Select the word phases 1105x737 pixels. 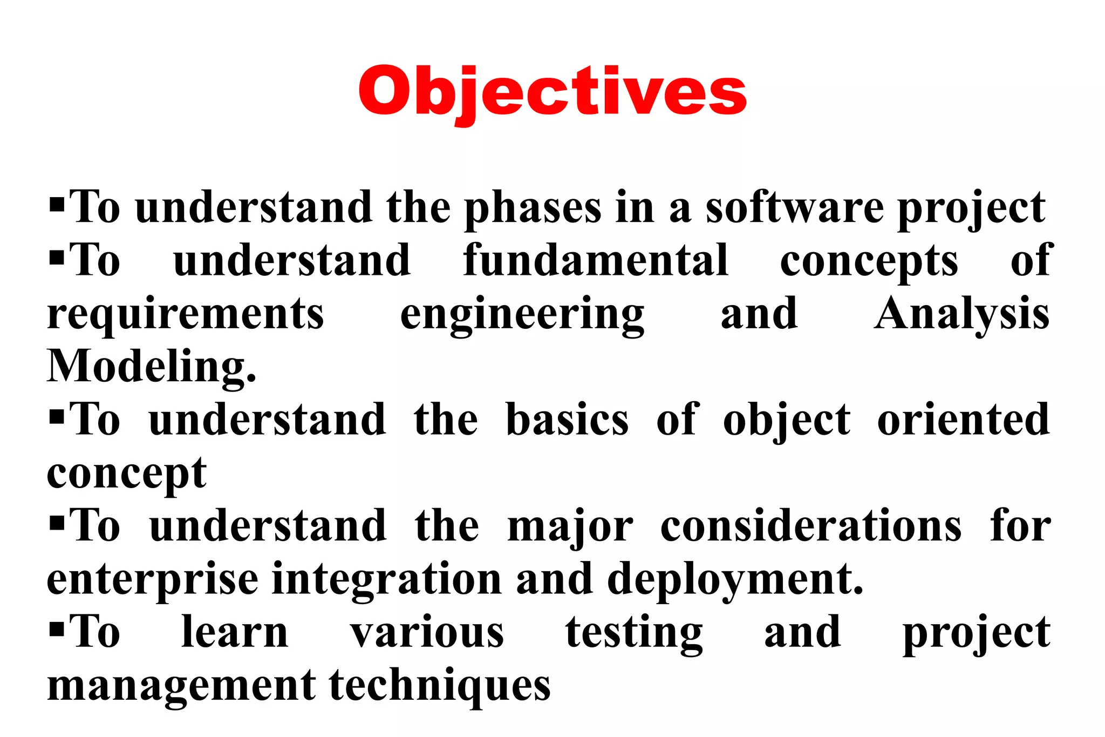[533, 208]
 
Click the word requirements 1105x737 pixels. [186, 314]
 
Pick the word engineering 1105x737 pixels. [522, 315]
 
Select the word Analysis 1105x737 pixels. [962, 314]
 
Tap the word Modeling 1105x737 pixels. [151, 367]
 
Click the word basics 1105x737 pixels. [567, 420]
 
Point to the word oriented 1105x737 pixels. [964, 420]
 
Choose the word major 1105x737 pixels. [570, 527]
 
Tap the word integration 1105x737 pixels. [387, 580]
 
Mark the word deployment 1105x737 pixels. [735, 580]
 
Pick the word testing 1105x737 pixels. [634, 633]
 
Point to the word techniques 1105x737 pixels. [440, 686]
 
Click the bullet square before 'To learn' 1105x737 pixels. [57, 629]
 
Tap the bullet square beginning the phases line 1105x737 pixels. [57, 205]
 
